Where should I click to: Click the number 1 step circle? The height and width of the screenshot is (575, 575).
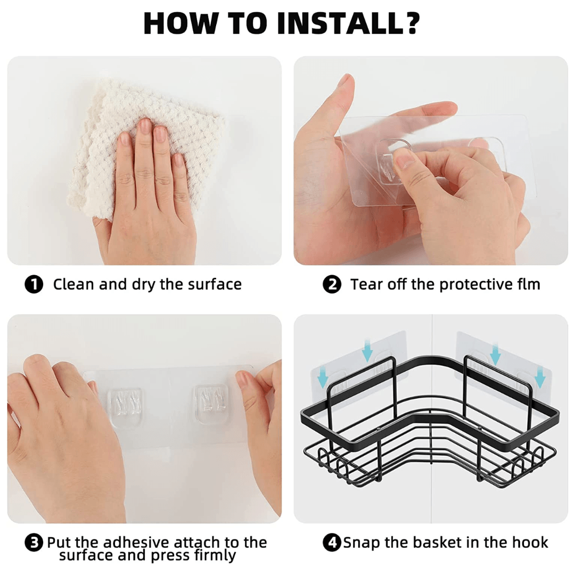click(34, 284)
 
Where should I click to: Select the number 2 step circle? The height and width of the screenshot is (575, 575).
click(332, 284)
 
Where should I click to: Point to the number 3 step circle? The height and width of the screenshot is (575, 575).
click(34, 543)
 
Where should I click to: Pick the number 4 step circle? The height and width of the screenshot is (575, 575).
click(332, 543)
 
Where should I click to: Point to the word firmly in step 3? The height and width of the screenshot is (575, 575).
click(215, 556)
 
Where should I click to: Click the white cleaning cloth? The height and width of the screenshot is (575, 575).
click(147, 143)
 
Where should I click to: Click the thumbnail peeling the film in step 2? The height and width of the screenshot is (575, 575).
click(404, 160)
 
